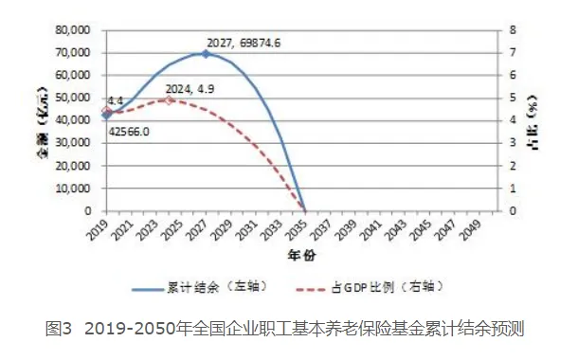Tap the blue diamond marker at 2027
click(x=206, y=53)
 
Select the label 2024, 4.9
click(x=192, y=89)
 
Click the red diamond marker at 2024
click(x=169, y=99)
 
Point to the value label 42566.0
click(x=127, y=133)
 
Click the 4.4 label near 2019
click(x=115, y=100)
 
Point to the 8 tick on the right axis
click(x=513, y=30)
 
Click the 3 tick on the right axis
click(x=513, y=143)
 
